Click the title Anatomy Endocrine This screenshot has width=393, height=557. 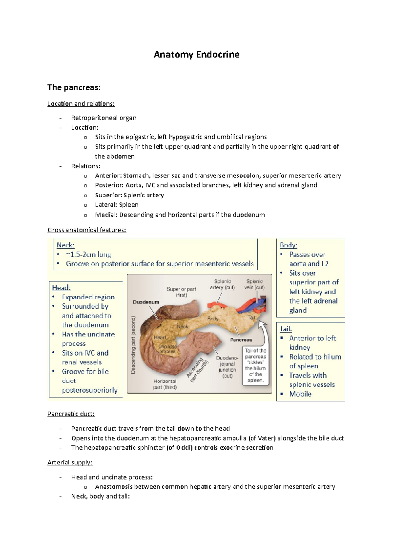click(196, 54)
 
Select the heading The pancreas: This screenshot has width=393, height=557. click(74, 87)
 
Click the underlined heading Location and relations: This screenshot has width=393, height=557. click(81, 104)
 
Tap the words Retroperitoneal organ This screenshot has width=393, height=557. click(103, 118)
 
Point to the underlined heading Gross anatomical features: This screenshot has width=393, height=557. click(87, 230)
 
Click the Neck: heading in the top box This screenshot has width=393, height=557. click(65, 245)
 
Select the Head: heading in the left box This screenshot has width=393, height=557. click(61, 288)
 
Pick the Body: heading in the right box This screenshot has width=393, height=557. click(289, 245)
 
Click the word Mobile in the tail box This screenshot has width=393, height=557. click(300, 394)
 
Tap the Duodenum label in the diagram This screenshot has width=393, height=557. click(146, 302)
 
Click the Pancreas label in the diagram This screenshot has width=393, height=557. click(241, 340)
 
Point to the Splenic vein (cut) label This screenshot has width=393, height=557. click(254, 284)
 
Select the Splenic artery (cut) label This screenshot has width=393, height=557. click(222, 284)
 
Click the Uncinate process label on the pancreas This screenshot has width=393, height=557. click(167, 349)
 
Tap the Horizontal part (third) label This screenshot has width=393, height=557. click(165, 384)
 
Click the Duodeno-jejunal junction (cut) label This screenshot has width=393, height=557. click(227, 367)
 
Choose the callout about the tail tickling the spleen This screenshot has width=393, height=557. click(255, 365)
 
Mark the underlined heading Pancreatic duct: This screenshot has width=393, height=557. click(71, 414)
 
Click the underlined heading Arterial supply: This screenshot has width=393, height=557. click(70, 463)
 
